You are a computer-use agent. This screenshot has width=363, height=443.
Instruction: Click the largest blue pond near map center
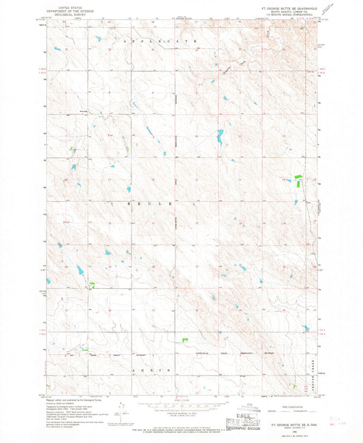219,140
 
